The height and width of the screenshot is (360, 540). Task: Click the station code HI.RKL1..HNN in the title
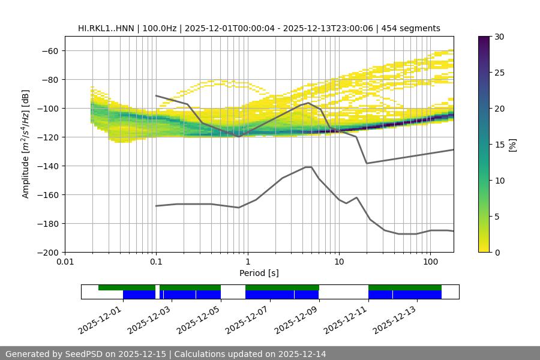point(106,28)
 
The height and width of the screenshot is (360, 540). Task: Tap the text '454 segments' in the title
point(414,28)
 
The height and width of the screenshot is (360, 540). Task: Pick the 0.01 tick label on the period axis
point(65,262)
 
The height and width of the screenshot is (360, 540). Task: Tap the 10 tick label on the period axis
point(338,262)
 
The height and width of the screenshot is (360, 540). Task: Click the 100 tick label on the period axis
point(430,262)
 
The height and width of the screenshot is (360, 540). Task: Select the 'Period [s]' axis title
point(259,273)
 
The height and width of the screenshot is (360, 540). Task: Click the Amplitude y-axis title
point(26,144)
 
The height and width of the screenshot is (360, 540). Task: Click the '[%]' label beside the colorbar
point(512,144)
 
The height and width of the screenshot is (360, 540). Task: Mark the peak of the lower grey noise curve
point(308,167)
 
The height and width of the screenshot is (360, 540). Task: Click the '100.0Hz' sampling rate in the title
point(160,28)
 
